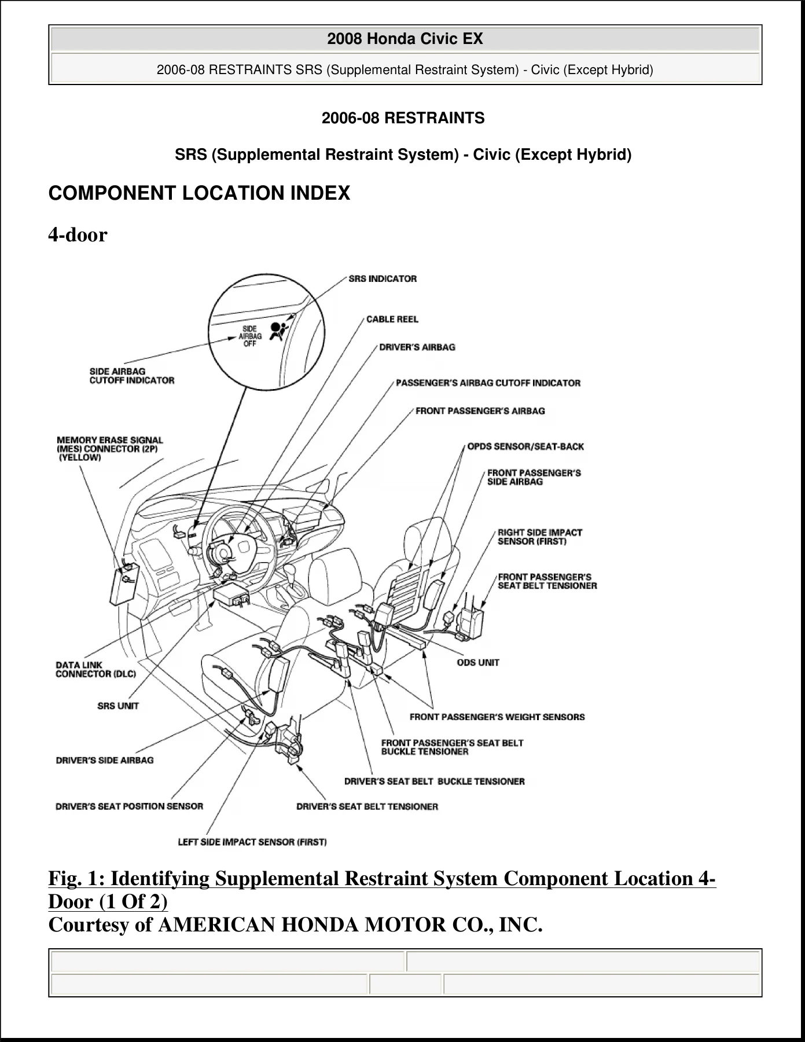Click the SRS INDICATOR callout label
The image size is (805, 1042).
point(383,278)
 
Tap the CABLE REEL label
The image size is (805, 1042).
point(392,319)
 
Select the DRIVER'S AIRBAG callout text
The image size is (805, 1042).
point(417,347)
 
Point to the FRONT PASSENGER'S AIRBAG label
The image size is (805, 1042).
point(480,411)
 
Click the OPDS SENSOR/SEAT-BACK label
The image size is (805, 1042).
point(525,446)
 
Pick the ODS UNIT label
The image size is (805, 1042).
point(478,662)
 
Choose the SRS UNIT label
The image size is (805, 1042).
point(118,706)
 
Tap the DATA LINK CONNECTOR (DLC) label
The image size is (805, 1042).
point(95,669)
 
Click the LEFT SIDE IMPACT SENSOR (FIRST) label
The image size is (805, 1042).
point(252,842)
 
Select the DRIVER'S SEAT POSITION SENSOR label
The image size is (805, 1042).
point(130,806)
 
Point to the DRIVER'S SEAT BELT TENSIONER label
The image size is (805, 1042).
point(367,806)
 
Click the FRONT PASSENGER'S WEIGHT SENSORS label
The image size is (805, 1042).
point(497,717)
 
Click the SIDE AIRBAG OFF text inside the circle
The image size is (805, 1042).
point(250,336)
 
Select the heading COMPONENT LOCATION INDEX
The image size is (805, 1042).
point(199,193)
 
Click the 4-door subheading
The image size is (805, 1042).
point(78,234)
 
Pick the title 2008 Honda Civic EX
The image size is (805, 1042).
point(405,39)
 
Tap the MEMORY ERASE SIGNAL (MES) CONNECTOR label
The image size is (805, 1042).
point(110,449)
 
